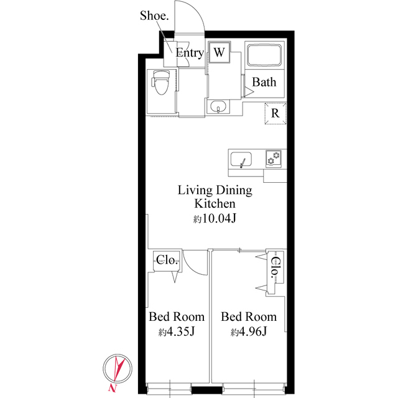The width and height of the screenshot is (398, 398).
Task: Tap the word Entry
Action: [x=189, y=53]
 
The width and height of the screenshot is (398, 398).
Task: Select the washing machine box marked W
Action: [x=219, y=53]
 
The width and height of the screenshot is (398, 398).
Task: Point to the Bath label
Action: [x=264, y=82]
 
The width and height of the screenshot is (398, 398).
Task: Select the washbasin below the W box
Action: [x=218, y=107]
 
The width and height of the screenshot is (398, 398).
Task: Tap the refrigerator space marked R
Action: [x=275, y=114]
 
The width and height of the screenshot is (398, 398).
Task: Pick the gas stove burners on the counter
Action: [x=274, y=159]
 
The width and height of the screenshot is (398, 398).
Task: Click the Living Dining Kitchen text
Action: [x=215, y=197]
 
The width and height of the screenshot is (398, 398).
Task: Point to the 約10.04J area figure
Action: [x=216, y=218]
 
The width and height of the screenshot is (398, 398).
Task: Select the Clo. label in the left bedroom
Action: [x=167, y=261]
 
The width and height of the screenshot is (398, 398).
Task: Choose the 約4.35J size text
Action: [x=176, y=331]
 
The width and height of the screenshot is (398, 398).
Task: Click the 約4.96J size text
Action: [x=249, y=331]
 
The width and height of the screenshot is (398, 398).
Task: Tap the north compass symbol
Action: [x=116, y=371]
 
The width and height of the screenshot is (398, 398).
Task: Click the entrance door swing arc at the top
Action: [x=190, y=16]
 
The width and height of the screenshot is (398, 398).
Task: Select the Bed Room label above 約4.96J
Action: [x=249, y=317]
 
